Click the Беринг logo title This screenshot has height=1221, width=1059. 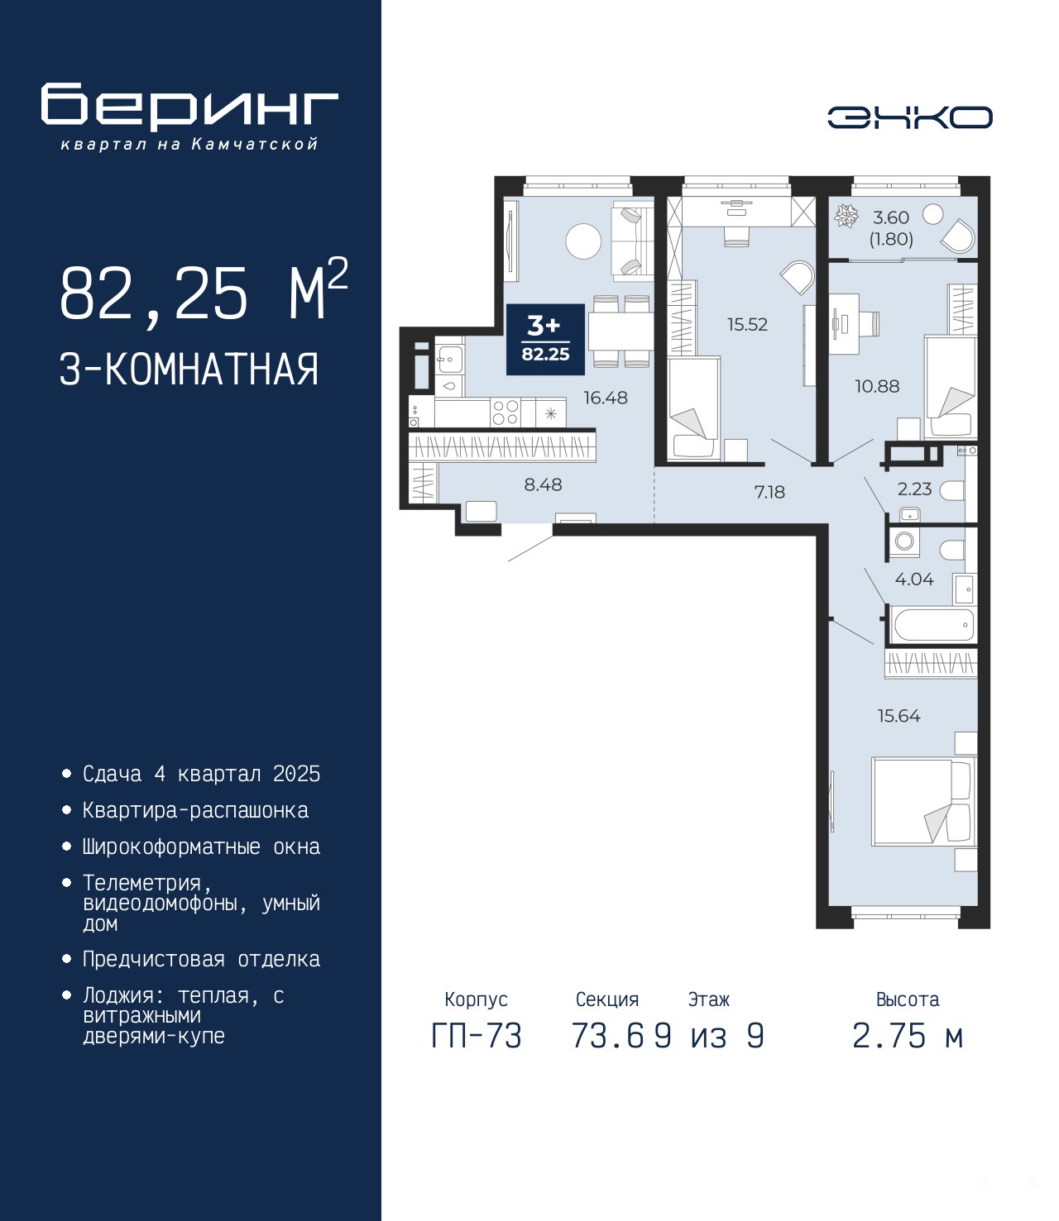tap(189, 107)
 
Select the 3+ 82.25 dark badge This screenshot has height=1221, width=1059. tap(545, 339)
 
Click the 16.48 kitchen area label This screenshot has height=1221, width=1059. tap(606, 398)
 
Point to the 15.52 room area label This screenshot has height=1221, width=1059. tap(747, 324)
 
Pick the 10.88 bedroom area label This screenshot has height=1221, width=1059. tap(877, 386)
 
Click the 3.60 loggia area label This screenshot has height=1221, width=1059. tap(891, 217)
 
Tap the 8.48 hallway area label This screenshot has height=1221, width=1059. tap(543, 485)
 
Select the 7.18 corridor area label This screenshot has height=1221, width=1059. tap(769, 492)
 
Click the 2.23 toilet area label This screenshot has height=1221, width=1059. tap(914, 489)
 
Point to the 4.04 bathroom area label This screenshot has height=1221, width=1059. tap(914, 579)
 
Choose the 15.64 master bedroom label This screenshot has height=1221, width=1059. tap(898, 716)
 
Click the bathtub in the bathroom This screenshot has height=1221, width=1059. tap(933, 625)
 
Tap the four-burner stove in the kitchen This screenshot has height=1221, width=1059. tap(506, 412)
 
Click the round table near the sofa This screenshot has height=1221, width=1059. tap(583, 241)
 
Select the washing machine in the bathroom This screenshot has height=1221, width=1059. tap(904, 541)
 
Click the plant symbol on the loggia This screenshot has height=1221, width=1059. tap(846, 217)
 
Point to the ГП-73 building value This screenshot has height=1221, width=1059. tap(477, 1036)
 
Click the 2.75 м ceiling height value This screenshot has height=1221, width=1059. tap(908, 1036)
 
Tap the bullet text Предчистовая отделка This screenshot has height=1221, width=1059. tap(201, 959)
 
